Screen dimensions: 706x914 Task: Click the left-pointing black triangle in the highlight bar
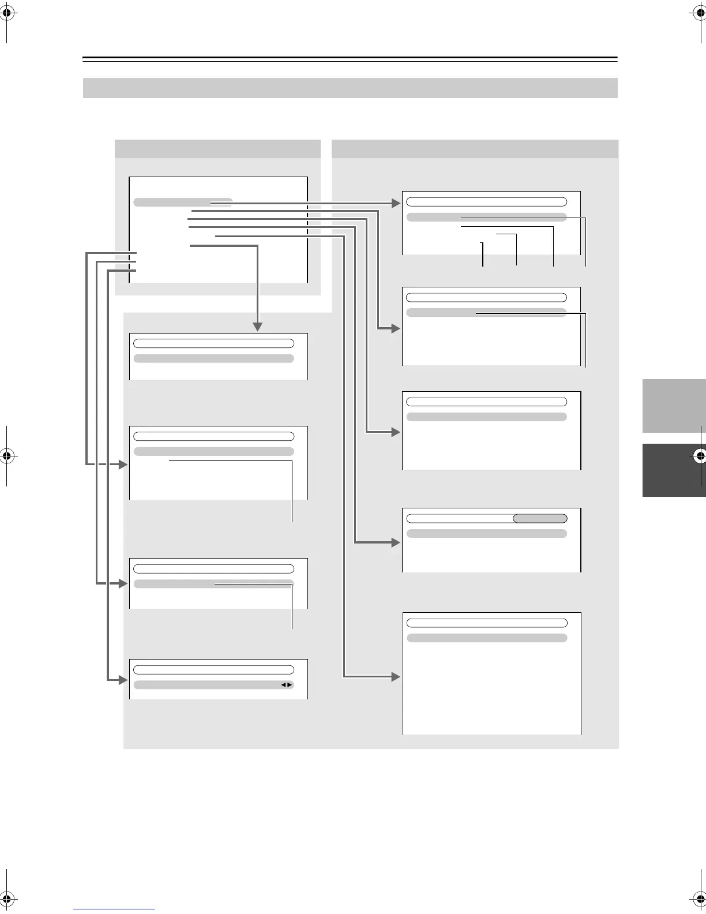coord(283,685)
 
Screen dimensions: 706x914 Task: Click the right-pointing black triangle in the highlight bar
coord(290,685)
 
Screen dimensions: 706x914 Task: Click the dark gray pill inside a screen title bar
coord(540,519)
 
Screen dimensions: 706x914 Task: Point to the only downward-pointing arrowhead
coord(257,327)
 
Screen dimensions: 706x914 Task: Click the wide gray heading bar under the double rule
coord(350,88)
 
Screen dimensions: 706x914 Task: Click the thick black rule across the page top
coord(350,58)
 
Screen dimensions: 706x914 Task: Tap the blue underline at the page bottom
coord(114,909)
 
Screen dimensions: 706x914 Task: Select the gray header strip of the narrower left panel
coord(217,149)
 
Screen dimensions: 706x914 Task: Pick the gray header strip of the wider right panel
coord(475,149)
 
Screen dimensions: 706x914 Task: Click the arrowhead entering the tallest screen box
coord(396,676)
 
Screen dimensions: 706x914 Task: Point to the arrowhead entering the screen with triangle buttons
coord(123,680)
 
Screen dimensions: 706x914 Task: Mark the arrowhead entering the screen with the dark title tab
coord(396,542)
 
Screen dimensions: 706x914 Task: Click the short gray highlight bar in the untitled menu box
coord(182,203)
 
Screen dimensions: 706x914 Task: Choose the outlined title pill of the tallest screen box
coord(487,623)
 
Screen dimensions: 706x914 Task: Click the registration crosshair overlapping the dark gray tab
coord(700,456)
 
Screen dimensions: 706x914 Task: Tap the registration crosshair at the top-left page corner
coord(6,16)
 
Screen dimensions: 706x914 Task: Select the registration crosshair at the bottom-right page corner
coord(700,898)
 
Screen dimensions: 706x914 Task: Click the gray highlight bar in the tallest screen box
coord(487,638)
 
